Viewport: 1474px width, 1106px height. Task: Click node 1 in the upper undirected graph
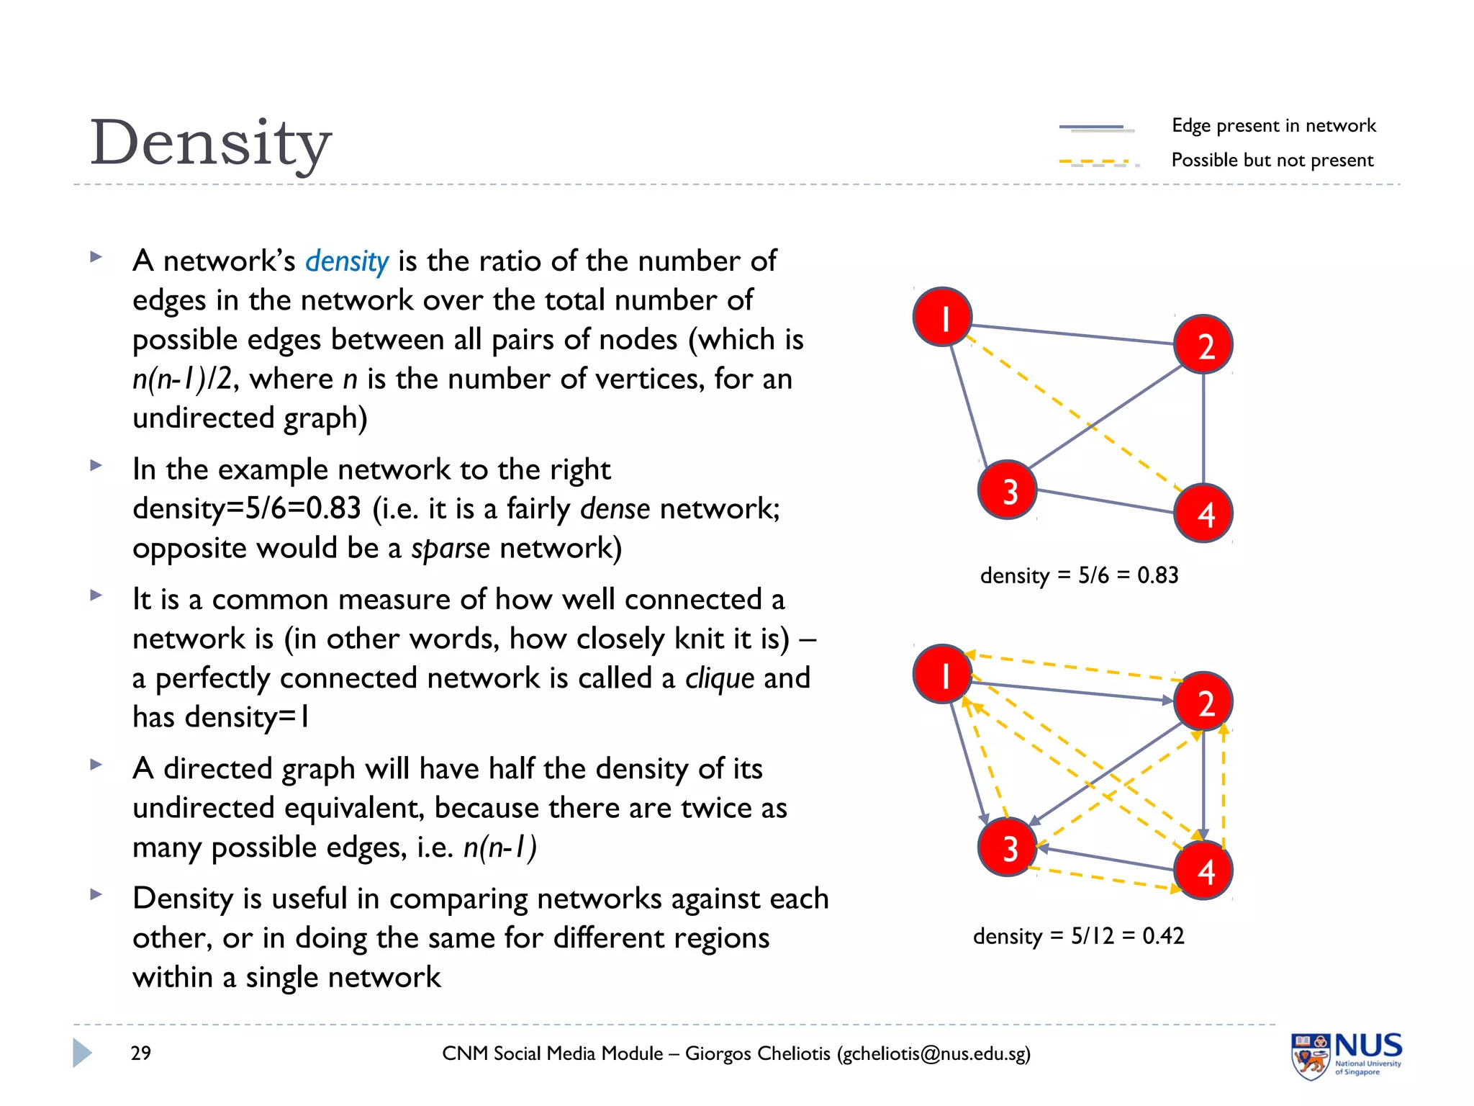click(x=943, y=317)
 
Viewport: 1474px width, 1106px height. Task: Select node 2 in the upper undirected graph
click(x=1203, y=345)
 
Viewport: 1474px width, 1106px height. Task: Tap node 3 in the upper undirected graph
click(x=1008, y=490)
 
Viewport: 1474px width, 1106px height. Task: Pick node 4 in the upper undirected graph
click(x=1203, y=513)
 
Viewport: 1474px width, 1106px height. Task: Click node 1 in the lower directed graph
click(x=943, y=674)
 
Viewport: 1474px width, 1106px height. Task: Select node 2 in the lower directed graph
click(x=1203, y=701)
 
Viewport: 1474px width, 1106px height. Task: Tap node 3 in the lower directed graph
click(x=1008, y=848)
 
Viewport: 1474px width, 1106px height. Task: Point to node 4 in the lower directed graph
click(x=1203, y=871)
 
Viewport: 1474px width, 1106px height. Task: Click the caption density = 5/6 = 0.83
click(x=1079, y=575)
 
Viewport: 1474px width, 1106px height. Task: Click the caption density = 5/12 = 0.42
click(x=1078, y=936)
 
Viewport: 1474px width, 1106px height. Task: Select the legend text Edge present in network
click(x=1273, y=125)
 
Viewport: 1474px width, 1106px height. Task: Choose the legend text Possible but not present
click(x=1272, y=160)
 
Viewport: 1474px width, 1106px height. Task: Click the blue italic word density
click(x=347, y=261)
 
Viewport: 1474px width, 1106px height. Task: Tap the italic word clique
click(x=720, y=678)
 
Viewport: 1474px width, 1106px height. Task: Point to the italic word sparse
click(x=451, y=549)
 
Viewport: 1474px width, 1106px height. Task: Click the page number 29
click(x=141, y=1053)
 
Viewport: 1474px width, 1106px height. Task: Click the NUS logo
click(x=1346, y=1055)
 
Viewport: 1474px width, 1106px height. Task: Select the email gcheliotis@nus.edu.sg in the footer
click(x=933, y=1054)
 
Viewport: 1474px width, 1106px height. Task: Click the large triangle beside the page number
click(x=82, y=1053)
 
